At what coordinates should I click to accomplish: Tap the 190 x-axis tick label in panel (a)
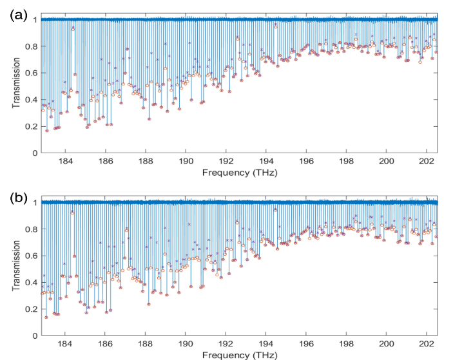point(187,162)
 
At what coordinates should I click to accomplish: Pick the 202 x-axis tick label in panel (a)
point(427,162)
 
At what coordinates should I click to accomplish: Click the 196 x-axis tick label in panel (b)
point(306,344)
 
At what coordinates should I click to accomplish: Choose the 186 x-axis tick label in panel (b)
point(106,344)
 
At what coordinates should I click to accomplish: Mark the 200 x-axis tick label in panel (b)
point(387,344)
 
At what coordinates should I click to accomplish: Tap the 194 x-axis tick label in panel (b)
point(266,344)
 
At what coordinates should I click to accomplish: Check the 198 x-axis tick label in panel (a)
point(347,162)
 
